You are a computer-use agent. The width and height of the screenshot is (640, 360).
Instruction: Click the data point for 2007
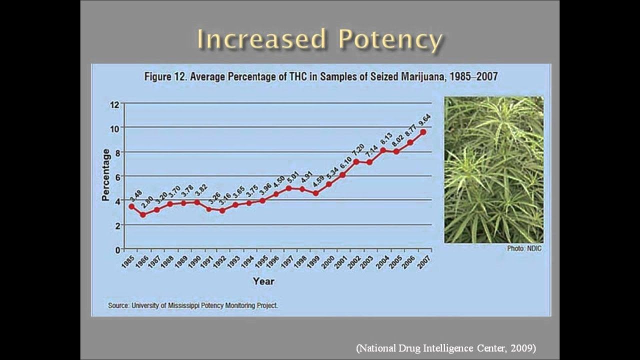[x=423, y=132]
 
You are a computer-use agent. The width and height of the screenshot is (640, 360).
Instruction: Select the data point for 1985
[x=131, y=206]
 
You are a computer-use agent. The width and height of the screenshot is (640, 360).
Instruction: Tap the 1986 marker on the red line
[x=143, y=214]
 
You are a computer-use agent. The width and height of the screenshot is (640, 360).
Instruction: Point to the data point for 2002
[x=356, y=161]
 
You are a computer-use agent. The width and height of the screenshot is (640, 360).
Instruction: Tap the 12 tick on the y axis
[x=114, y=104]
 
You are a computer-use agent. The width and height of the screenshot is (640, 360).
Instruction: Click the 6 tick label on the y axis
[x=117, y=176]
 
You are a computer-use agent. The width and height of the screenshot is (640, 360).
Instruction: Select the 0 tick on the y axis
[x=117, y=249]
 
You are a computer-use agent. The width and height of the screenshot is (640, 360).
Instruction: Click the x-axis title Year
[x=263, y=281]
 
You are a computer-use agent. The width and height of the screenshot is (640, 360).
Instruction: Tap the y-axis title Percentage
[x=105, y=175]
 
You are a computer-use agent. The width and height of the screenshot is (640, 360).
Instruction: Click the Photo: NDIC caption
[x=524, y=248]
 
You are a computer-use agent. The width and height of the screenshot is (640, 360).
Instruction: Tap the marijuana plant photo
[x=493, y=169]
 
